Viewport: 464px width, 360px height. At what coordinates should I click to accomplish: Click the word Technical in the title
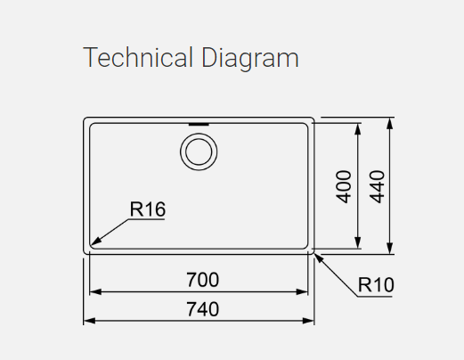pos(138,57)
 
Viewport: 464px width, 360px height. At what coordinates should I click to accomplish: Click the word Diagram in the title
pos(250,59)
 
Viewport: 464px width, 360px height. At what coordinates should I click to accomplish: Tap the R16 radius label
pos(148,209)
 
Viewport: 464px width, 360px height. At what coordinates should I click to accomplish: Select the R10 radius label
pos(376,285)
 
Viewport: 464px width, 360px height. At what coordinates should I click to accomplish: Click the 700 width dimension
pos(203,280)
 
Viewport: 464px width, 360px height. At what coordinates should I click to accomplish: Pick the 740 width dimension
pos(203,309)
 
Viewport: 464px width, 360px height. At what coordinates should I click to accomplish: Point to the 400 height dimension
pos(344,186)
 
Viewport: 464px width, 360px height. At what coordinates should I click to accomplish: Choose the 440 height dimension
pos(377,186)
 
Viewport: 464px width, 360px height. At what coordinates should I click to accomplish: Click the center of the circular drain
pos(199,151)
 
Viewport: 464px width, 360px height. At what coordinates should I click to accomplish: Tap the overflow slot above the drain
pos(199,124)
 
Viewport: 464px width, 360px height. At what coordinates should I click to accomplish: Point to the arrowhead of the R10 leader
pos(319,258)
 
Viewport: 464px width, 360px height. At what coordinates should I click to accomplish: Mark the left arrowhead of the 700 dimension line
pos(95,292)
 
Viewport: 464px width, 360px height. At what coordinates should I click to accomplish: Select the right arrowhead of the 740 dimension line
pos(308,321)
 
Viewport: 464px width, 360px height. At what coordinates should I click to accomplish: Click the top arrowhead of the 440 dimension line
pos(390,123)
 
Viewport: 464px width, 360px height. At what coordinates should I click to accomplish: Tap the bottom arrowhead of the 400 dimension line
pos(358,242)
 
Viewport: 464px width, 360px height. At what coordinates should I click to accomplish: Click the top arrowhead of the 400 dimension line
pos(358,128)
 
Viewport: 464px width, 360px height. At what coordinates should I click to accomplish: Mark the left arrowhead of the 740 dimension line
pos(89,321)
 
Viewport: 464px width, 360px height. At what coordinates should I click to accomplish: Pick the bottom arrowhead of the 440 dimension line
pos(390,249)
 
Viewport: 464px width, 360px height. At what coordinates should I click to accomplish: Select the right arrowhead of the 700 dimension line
pos(302,292)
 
